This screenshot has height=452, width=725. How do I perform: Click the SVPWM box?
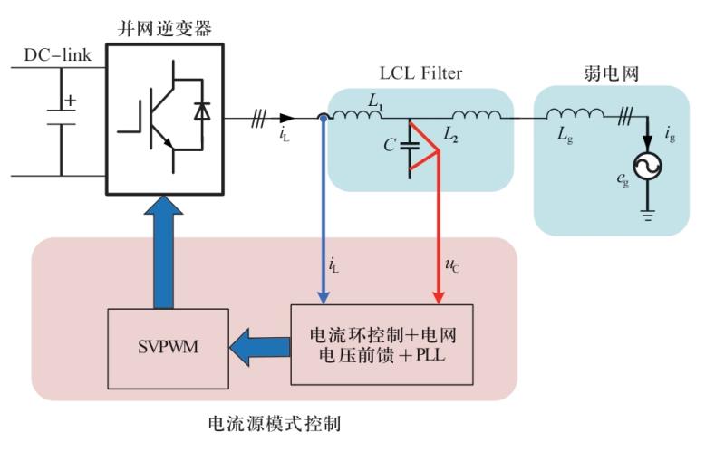[165, 348]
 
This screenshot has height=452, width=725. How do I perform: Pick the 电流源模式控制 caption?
[275, 423]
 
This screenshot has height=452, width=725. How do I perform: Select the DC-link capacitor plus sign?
[70, 102]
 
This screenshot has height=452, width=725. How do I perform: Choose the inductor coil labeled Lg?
[575, 115]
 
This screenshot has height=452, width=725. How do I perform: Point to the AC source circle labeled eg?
[647, 164]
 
